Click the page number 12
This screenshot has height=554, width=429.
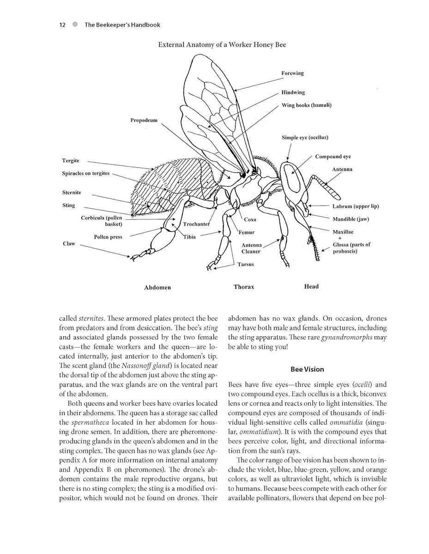click(x=62, y=25)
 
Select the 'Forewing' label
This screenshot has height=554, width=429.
click(x=292, y=73)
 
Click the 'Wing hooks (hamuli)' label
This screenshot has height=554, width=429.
click(x=306, y=105)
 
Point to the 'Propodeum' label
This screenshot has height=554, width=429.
click(x=144, y=120)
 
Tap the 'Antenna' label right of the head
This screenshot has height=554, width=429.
click(x=342, y=169)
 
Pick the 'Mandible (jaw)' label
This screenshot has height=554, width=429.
click(x=350, y=219)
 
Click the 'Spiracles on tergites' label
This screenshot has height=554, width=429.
click(x=86, y=174)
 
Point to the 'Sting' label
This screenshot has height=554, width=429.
click(x=68, y=205)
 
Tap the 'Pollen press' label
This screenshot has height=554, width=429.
click(x=108, y=237)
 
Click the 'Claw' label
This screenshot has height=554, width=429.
click(x=69, y=243)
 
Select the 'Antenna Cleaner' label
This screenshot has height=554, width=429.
click(x=251, y=248)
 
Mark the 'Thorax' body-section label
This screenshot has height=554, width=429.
click(x=243, y=287)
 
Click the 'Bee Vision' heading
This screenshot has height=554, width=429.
click(x=307, y=369)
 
